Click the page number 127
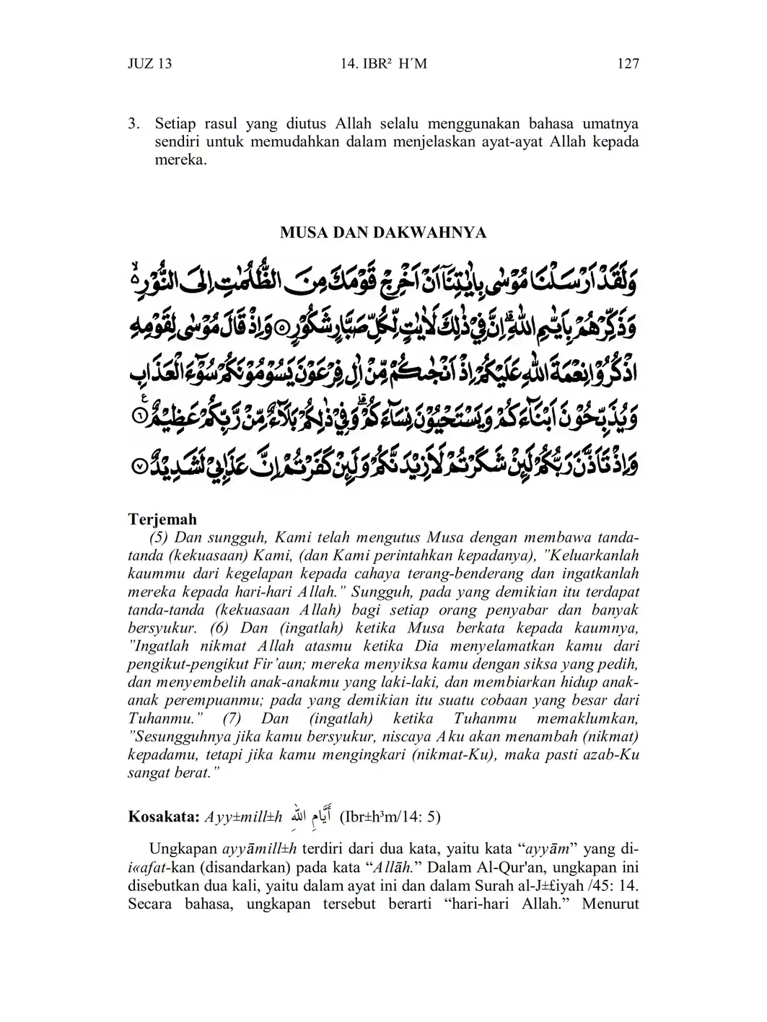(x=628, y=63)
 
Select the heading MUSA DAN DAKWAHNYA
(x=383, y=233)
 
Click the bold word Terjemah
(x=162, y=519)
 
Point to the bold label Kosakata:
(x=163, y=817)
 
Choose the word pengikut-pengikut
(x=185, y=664)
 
